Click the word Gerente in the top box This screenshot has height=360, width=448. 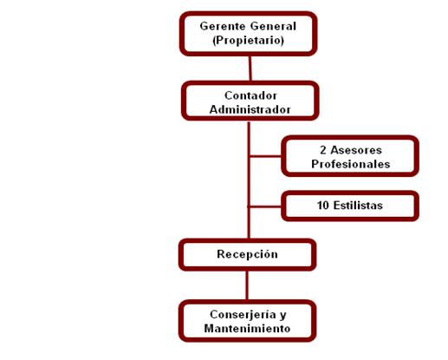(223, 26)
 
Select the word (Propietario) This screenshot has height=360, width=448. (248, 40)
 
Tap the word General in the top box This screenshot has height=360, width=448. (273, 26)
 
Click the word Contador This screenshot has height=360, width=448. (250, 95)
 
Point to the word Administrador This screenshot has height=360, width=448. (250, 109)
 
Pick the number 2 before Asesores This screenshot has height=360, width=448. (323, 150)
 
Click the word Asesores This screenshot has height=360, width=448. (356, 150)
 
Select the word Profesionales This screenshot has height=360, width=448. (350, 164)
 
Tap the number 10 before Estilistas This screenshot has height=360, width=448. (323, 206)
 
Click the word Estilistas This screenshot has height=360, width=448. (358, 206)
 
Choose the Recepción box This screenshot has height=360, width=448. (248, 254)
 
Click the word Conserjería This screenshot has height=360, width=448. (243, 315)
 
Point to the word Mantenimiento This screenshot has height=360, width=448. (247, 329)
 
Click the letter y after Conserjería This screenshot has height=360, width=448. (283, 316)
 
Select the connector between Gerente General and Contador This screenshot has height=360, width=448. (250, 69)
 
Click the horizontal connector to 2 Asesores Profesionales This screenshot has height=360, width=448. (265, 156)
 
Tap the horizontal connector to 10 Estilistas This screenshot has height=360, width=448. (265, 206)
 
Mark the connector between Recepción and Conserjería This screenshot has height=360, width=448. (247, 285)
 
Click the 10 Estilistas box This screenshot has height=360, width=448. (350, 206)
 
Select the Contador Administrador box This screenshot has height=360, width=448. (250, 101)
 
